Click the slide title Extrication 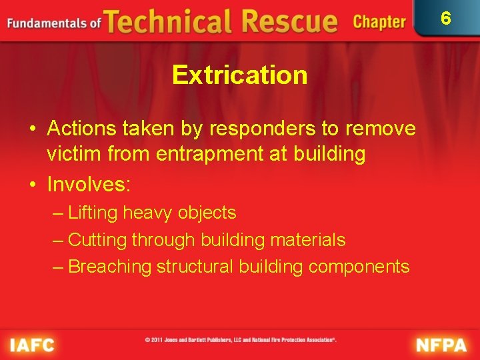pyautogui.click(x=239, y=75)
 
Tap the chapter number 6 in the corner pyautogui.click(x=446, y=18)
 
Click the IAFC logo pyautogui.click(x=32, y=345)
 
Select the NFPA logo pyautogui.click(x=442, y=345)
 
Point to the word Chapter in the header pyautogui.click(x=379, y=22)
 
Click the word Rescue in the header pyautogui.click(x=288, y=22)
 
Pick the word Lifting pyautogui.click(x=93, y=213)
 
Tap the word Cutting pyautogui.click(x=98, y=240)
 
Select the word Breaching pyautogui.click(x=110, y=267)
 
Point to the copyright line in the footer pyautogui.click(x=241, y=340)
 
